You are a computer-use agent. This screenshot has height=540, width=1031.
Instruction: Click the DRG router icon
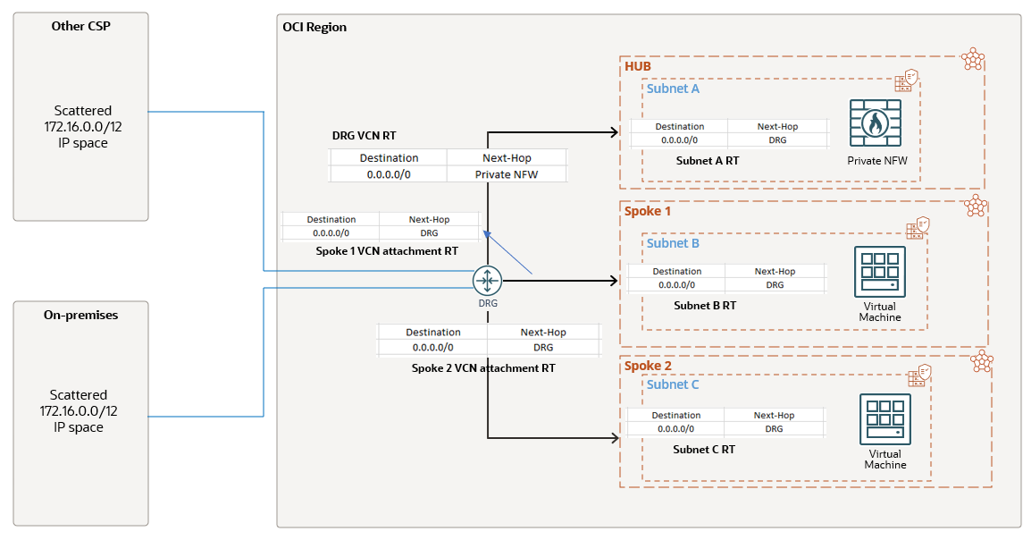(487, 281)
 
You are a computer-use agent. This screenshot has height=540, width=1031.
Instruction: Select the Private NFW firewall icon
(876, 123)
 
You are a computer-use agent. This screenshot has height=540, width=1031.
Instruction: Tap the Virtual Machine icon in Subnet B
(880, 272)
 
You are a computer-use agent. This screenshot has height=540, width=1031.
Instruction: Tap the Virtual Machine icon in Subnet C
(884, 419)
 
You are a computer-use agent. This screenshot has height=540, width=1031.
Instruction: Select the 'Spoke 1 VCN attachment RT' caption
(387, 251)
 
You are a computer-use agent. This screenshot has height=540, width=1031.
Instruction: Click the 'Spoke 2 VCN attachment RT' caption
(483, 367)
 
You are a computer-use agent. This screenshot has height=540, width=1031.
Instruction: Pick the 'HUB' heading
(638, 67)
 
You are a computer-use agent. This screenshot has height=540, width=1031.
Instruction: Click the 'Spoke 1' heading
(647, 212)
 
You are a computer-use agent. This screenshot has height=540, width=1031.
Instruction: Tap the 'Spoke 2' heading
(648, 367)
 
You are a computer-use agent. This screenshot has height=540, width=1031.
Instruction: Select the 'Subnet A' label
(673, 89)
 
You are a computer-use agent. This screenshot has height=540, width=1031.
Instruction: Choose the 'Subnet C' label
(673, 384)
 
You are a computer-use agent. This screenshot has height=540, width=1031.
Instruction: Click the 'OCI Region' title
(314, 28)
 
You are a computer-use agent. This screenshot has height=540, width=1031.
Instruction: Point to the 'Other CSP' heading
(80, 26)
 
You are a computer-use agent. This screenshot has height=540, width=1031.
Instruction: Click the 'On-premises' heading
(80, 315)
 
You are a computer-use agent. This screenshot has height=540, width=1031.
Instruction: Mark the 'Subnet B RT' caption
(705, 305)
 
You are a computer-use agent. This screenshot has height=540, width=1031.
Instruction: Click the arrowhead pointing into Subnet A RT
(614, 132)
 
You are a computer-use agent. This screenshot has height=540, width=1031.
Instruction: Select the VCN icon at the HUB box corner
(973, 60)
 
